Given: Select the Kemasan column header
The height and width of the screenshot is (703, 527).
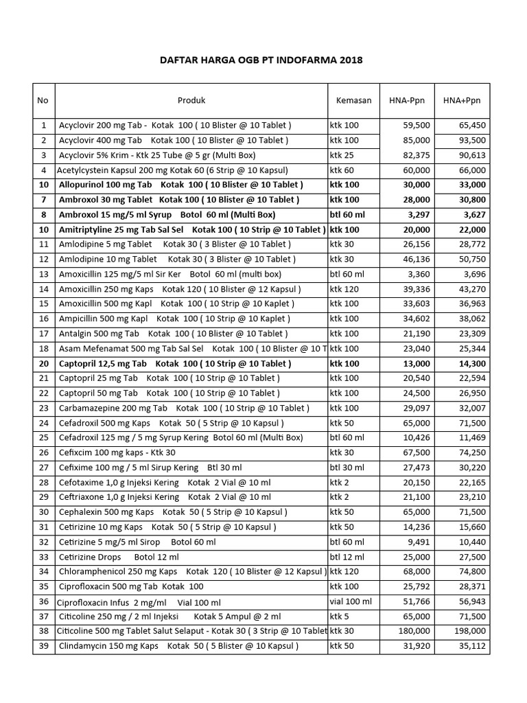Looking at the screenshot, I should coord(353,100).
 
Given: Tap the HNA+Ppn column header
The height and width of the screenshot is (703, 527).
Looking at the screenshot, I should coord(462,100).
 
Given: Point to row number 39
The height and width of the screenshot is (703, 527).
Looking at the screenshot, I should coord(44,646).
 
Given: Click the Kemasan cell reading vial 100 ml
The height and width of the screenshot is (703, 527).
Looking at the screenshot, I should coord(351,601).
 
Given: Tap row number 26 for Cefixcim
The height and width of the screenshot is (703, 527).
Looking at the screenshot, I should coord(44,452).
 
